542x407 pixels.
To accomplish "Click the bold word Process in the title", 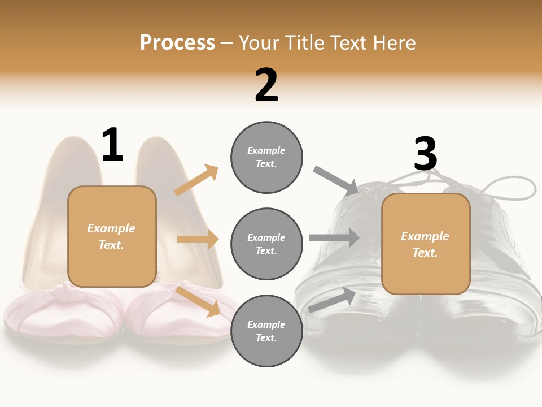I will (177, 42).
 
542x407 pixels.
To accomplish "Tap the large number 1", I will (112, 145).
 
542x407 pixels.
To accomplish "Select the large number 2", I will (266, 85).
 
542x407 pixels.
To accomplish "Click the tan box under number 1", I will (112, 236).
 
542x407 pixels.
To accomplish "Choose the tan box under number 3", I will (426, 244).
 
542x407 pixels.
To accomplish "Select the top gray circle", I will (266, 157).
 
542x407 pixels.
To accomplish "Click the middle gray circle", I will (266, 244).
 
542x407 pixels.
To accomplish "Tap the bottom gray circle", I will (266, 331).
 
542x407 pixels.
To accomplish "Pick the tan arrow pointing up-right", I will (196, 180).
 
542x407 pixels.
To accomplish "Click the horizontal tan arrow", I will (198, 239).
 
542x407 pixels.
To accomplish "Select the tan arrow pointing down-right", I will (199, 301).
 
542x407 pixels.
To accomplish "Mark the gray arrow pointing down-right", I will (336, 180).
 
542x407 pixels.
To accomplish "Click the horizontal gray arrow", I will (334, 237).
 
